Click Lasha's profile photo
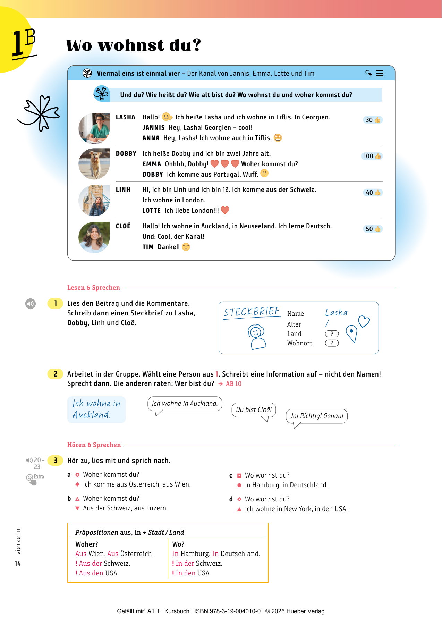[94, 128]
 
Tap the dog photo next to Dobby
[94, 164]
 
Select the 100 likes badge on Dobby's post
[372, 156]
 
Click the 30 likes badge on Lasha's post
[373, 120]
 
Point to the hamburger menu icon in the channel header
[380, 73]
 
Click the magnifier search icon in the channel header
[368, 73]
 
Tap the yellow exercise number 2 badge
[56, 374]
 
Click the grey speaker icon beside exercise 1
[31, 304]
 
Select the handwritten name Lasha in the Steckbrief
[336, 312]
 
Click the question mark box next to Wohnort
[332, 343]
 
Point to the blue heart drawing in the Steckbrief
[364, 321]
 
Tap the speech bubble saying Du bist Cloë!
[254, 410]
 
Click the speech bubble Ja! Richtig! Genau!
[316, 416]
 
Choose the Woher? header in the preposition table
[87, 544]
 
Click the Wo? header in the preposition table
[178, 544]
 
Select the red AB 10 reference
[233, 384]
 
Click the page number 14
[18, 564]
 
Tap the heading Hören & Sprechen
[94, 445]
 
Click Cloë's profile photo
[94, 237]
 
